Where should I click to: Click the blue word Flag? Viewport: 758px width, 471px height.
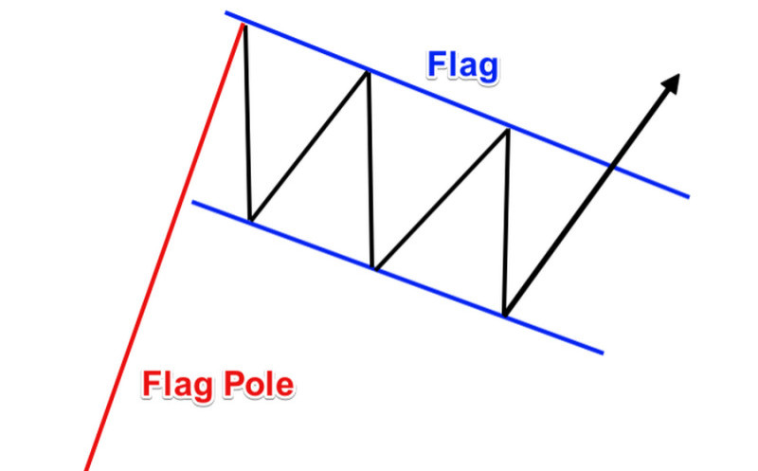click(x=462, y=66)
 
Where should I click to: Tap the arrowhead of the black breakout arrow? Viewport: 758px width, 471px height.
click(x=672, y=82)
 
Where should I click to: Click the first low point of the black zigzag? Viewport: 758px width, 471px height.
click(x=250, y=220)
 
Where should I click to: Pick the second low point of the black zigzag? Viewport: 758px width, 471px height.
click(x=375, y=270)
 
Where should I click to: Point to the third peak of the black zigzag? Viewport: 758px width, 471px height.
click(x=508, y=129)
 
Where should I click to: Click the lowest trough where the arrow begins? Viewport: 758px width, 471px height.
click(x=505, y=314)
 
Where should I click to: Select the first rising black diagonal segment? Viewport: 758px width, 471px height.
click(x=309, y=146)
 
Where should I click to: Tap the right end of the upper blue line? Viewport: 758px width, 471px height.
click(x=688, y=196)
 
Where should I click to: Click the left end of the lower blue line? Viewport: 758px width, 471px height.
click(x=193, y=201)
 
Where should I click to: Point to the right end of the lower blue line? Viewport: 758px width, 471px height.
click(x=602, y=353)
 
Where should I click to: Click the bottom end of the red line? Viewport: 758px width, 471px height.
click(x=86, y=469)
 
